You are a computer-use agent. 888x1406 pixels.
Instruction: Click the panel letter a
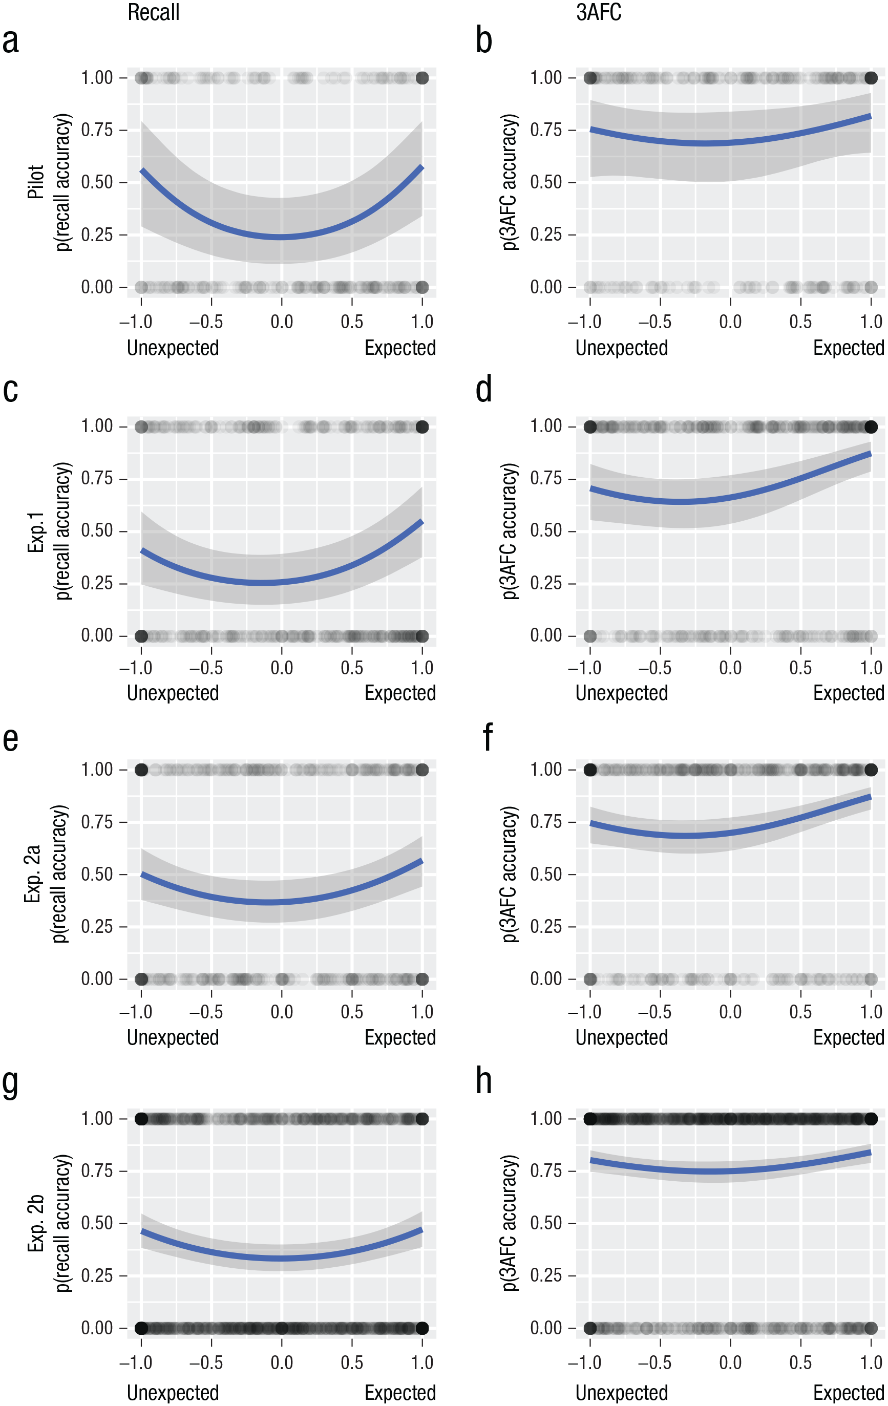tap(11, 41)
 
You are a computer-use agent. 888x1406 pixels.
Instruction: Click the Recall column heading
tap(153, 12)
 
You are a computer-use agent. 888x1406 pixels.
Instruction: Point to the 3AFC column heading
tap(599, 12)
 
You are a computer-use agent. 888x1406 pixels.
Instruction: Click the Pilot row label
tap(36, 182)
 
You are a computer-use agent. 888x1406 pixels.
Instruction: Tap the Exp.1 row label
tap(36, 531)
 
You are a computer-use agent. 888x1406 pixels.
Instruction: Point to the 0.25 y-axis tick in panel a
tap(96, 234)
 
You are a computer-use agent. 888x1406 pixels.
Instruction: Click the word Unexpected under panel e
tap(173, 1037)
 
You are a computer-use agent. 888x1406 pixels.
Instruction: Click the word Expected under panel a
tap(400, 348)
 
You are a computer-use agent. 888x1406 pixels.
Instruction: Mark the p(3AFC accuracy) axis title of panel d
tap(510, 531)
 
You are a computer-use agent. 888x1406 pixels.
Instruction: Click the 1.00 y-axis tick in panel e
tap(96, 770)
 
